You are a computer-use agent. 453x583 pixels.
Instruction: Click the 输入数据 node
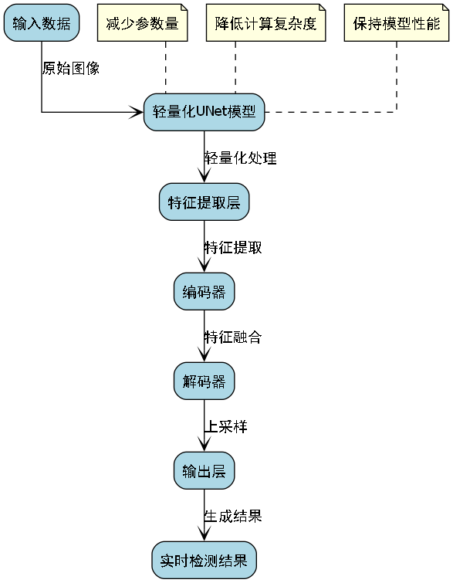coord(42,23)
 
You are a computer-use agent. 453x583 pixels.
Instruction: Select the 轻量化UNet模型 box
coord(205,112)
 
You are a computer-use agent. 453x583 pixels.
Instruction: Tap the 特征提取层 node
coord(205,202)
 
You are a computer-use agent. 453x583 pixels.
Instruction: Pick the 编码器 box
coord(205,292)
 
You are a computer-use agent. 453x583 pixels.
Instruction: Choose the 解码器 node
coord(205,381)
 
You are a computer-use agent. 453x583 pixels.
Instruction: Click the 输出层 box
coord(205,471)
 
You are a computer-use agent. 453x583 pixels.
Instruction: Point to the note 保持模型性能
coord(396,23)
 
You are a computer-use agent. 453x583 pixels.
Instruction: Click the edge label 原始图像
coord(70,68)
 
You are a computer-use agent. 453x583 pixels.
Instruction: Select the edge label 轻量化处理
coord(240,158)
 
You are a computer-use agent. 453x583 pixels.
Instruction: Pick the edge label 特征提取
coord(232,248)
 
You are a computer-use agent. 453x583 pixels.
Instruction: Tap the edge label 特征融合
coord(232,337)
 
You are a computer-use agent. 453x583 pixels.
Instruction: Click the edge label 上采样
coord(225,427)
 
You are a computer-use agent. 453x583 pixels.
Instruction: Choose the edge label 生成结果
coord(232,517)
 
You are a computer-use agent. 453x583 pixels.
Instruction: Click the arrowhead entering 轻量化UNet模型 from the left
coord(138,112)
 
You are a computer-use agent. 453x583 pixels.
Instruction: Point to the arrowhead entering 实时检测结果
coord(205,535)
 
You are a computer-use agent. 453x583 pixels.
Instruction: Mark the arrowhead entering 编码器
coord(205,266)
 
